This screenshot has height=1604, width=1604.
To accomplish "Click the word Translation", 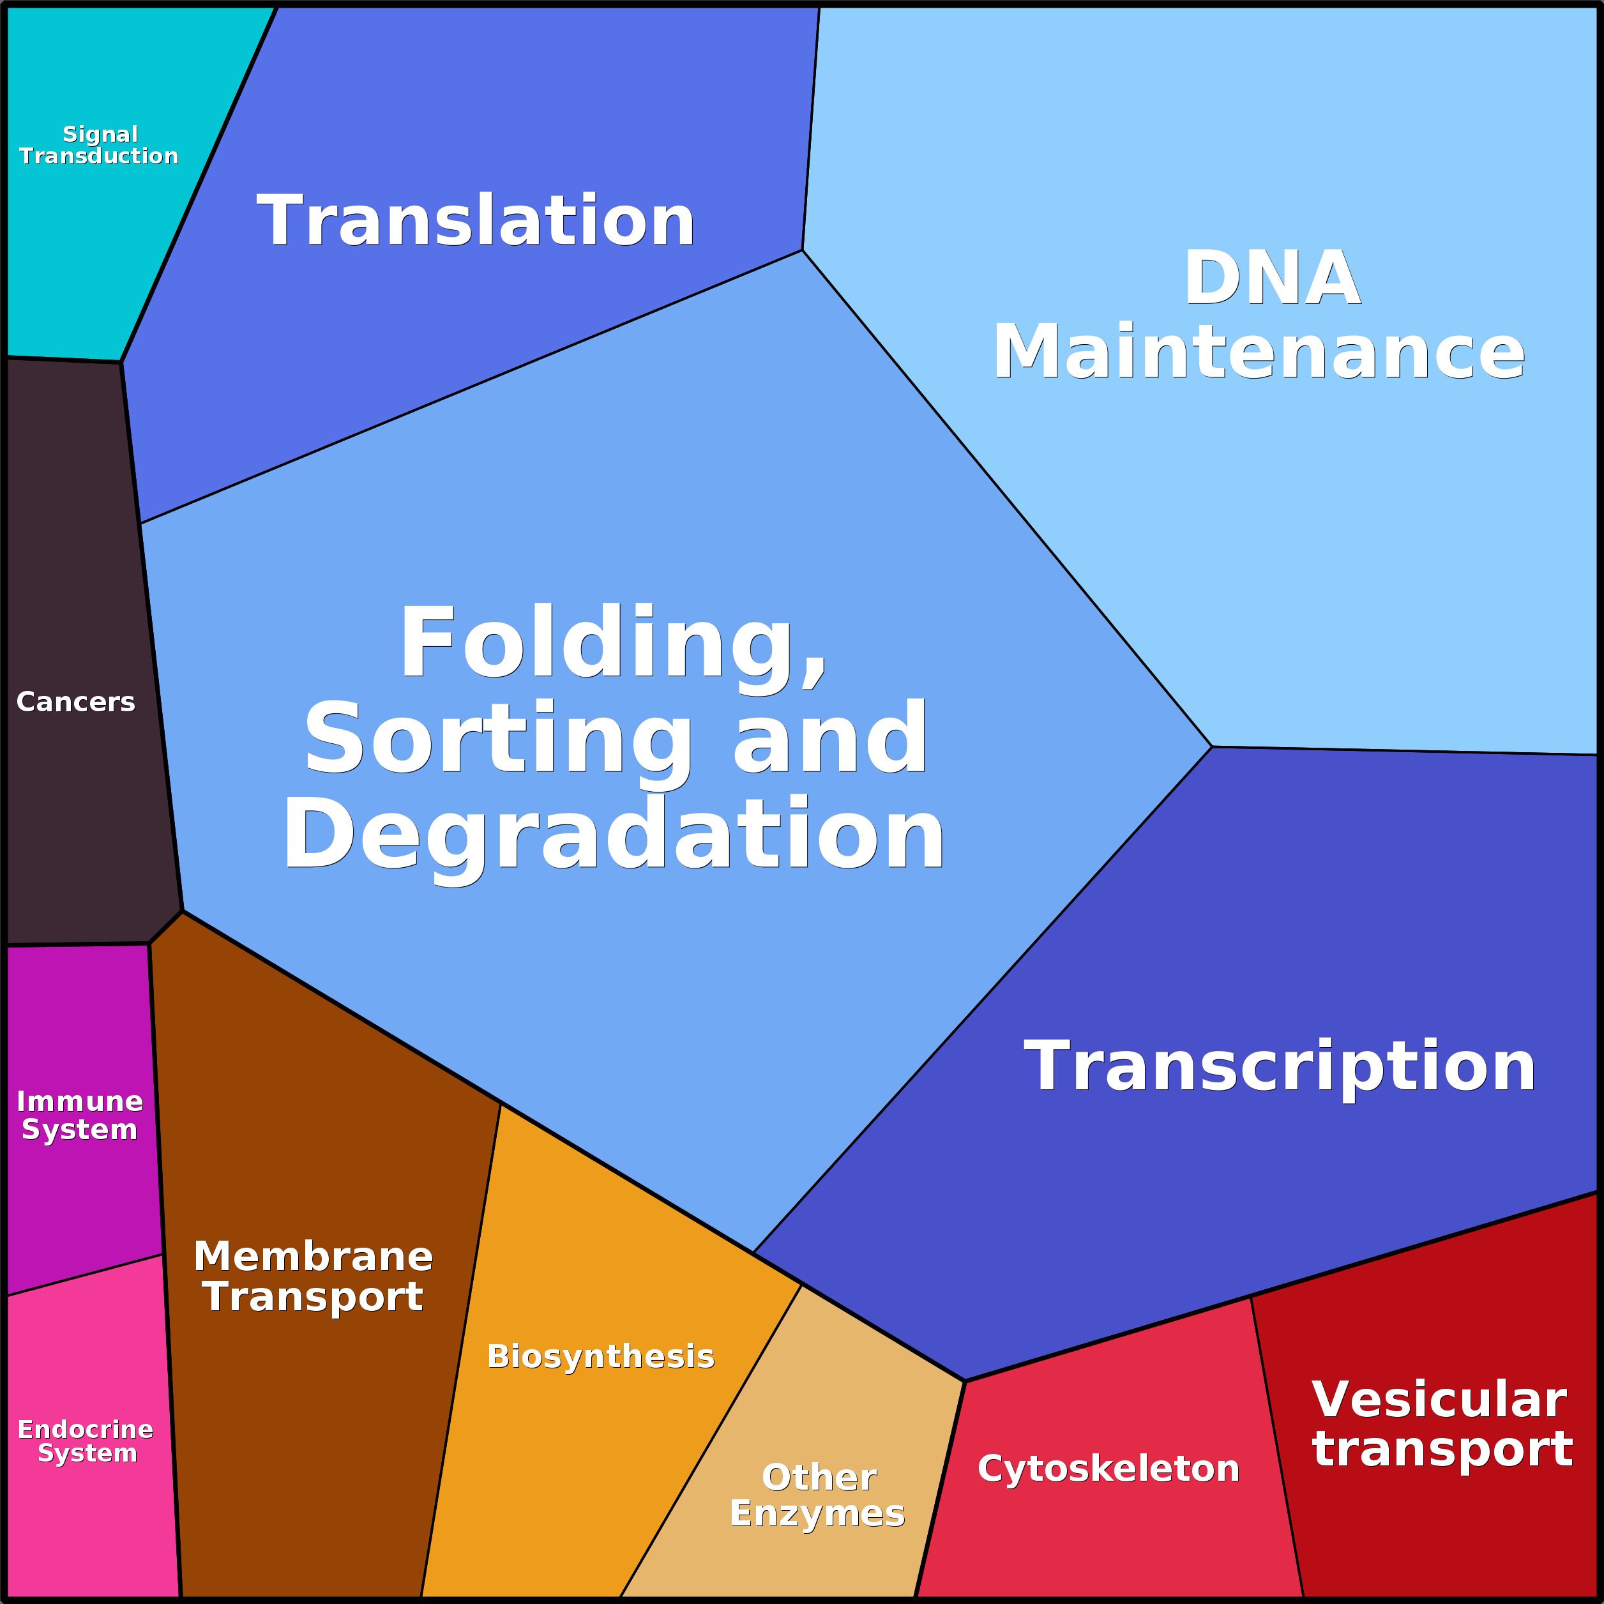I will [x=475, y=221].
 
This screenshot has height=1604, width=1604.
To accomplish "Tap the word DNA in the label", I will [x=1271, y=279].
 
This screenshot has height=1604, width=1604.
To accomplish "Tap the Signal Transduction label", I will [x=99, y=146].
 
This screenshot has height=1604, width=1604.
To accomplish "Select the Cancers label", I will [x=75, y=702].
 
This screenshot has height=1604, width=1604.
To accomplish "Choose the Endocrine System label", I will [x=86, y=1441].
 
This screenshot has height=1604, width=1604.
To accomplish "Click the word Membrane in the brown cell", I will [x=313, y=1256].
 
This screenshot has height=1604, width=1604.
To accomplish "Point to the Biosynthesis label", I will [x=600, y=1356].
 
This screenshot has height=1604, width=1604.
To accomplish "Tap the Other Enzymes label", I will [x=818, y=1494].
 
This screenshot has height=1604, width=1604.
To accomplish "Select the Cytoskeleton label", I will [x=1108, y=1469].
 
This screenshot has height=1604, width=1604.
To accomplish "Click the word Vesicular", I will [x=1439, y=1400].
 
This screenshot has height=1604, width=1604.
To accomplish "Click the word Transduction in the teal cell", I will [x=99, y=156].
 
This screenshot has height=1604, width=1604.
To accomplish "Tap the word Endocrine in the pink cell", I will [x=86, y=1430].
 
